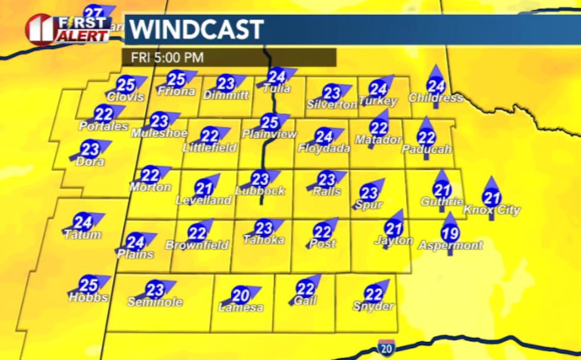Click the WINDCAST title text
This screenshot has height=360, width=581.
(196, 29)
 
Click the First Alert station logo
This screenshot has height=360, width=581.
(68, 28)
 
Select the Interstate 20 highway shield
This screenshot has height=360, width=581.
(384, 346)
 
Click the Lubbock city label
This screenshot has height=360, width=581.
(260, 191)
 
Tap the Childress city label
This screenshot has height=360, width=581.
(436, 98)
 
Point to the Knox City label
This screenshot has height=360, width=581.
(491, 210)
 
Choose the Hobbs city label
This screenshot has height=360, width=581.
(88, 298)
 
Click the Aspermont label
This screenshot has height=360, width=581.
(450, 245)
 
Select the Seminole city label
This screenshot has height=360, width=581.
(155, 302)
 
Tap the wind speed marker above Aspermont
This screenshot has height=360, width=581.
(450, 234)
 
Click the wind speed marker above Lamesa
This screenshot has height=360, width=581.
(240, 295)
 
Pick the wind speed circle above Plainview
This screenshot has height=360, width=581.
(269, 122)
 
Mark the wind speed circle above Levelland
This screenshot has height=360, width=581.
(203, 189)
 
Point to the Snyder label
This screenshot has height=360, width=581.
(373, 306)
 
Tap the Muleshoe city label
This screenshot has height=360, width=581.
(159, 133)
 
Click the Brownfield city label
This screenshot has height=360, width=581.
(197, 245)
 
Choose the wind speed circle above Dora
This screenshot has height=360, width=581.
(90, 149)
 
